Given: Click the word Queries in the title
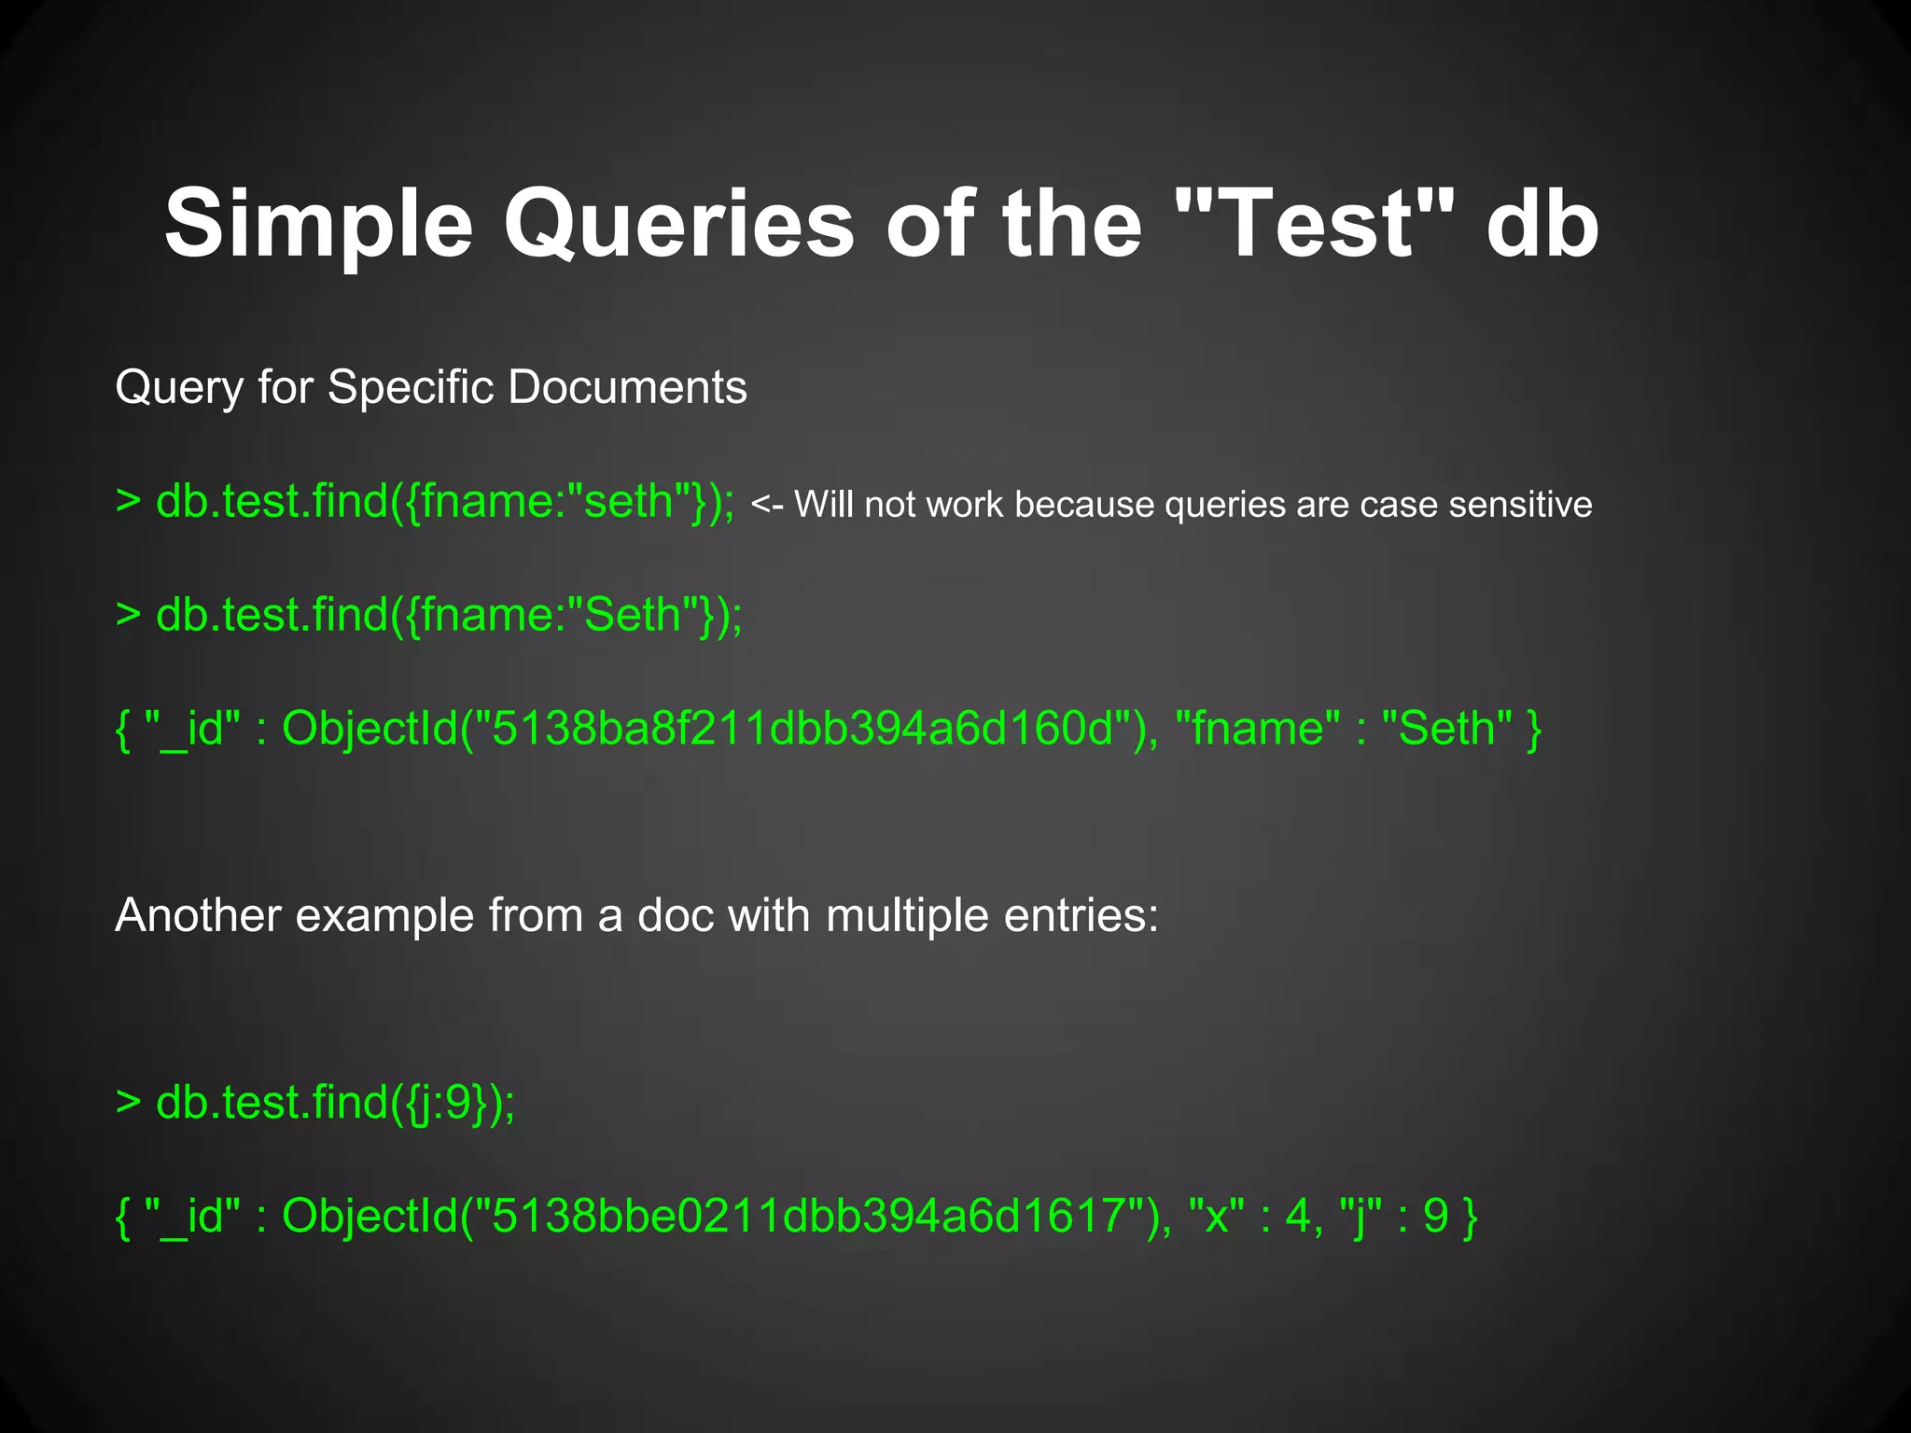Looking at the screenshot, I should pos(678,224).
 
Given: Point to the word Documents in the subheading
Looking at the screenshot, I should pos(627,386).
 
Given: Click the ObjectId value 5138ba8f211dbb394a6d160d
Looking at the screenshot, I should pos(802,729).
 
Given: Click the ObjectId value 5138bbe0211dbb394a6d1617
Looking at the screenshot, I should pos(809,1216).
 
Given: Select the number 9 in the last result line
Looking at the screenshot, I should pos(1435,1216).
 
